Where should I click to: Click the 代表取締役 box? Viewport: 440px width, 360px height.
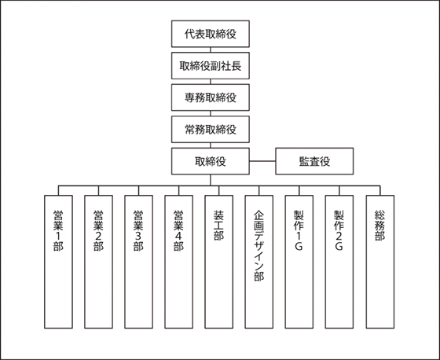[x=211, y=34]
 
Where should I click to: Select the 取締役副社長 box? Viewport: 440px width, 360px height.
[x=211, y=66]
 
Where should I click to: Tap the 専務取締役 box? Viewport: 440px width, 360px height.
[x=211, y=97]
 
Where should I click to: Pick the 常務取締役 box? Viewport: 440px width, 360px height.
[x=211, y=130]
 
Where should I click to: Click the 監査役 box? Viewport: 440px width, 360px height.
[x=314, y=161]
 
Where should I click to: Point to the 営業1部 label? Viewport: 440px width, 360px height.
[x=58, y=230]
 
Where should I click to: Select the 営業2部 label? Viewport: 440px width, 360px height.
[x=98, y=230]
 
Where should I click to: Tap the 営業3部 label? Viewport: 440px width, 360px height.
[x=138, y=230]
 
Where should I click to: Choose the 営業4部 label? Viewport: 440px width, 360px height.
[x=179, y=230]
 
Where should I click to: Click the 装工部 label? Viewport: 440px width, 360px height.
[x=219, y=226]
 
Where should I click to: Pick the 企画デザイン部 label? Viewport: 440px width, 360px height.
[x=259, y=246]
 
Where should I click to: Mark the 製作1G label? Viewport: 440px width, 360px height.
[x=299, y=230]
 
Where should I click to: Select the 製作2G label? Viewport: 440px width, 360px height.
[x=339, y=230]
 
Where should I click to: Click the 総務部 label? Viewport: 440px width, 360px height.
[x=380, y=226]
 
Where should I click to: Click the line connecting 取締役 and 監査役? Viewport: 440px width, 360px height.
[x=262, y=161]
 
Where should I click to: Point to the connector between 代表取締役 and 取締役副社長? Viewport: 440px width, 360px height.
[x=211, y=50]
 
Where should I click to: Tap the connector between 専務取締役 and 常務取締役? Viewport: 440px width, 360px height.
[x=211, y=113]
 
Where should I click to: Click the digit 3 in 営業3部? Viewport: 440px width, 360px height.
[x=138, y=236]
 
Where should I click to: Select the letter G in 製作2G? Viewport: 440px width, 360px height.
[x=339, y=246]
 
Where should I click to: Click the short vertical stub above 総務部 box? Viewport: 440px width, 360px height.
[x=380, y=190]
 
